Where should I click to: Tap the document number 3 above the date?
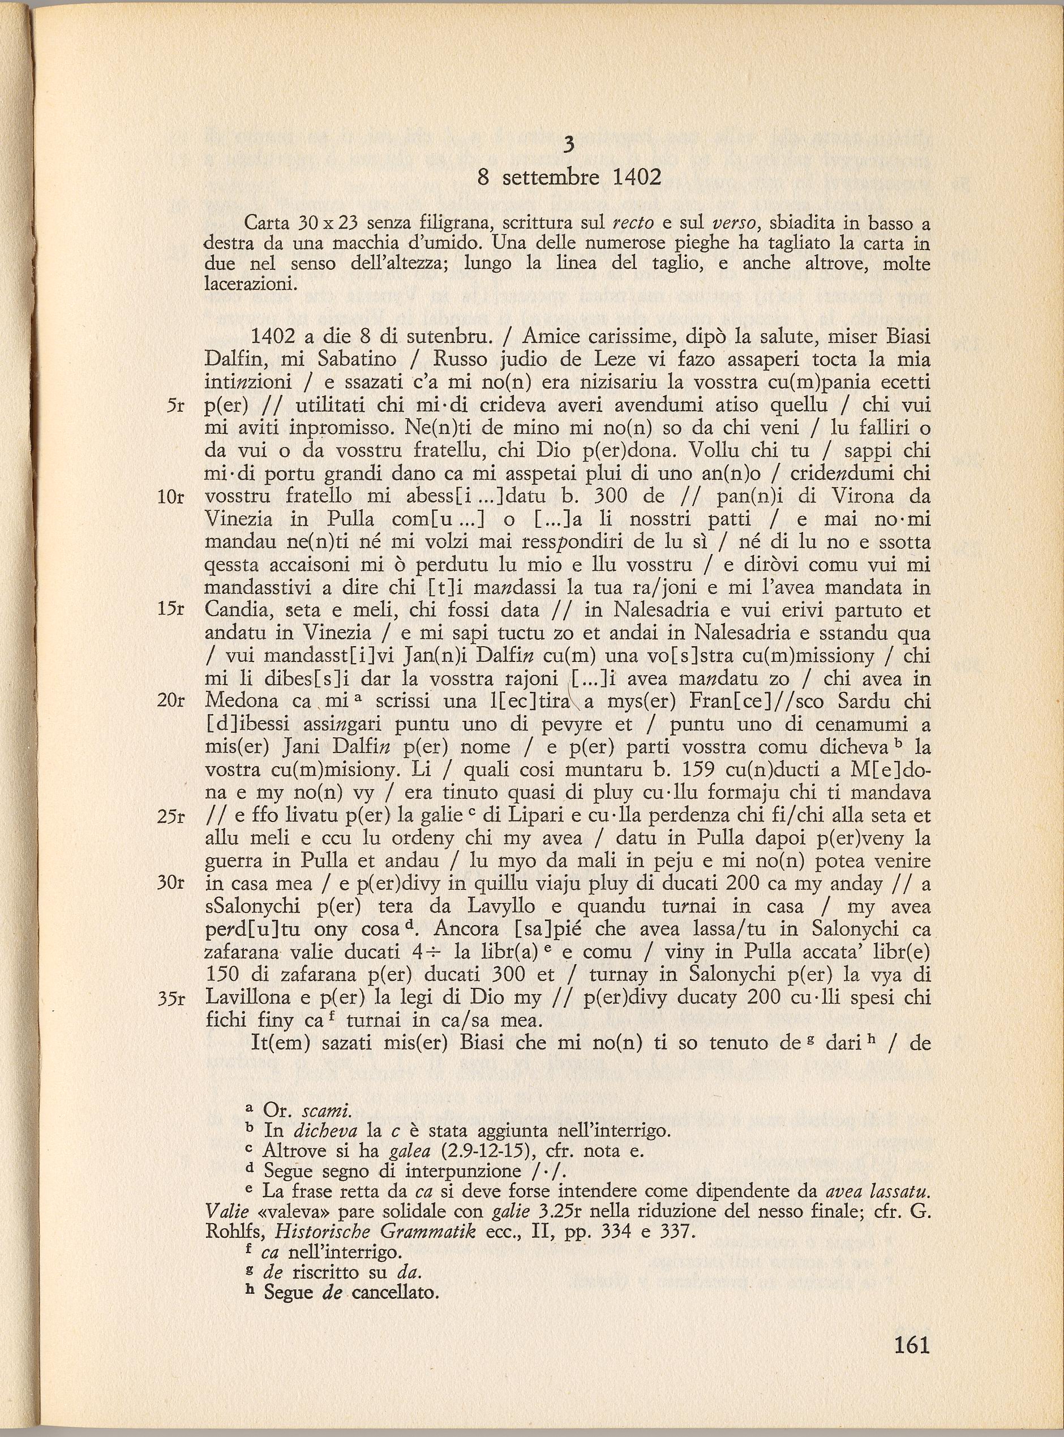(x=569, y=146)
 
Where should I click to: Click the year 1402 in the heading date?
(x=636, y=177)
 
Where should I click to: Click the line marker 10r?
(x=171, y=498)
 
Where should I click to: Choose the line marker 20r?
(x=171, y=700)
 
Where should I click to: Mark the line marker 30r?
(x=171, y=883)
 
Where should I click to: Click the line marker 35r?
(x=171, y=998)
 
